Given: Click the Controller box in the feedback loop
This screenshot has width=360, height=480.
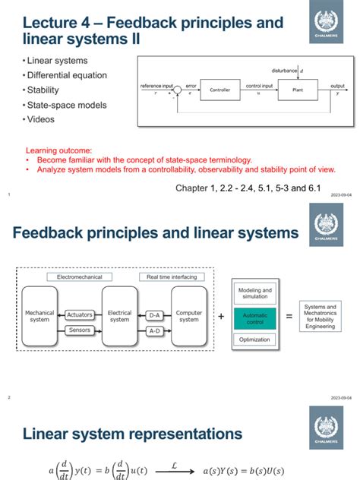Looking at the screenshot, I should click(219, 90).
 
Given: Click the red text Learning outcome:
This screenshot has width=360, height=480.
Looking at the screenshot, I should click(58, 150).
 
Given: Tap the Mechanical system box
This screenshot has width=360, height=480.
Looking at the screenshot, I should click(40, 315).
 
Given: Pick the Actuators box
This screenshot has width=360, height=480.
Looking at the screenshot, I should click(80, 314).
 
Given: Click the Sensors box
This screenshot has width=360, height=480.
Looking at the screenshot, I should click(80, 330).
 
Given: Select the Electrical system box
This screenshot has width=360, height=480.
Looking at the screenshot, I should click(119, 315).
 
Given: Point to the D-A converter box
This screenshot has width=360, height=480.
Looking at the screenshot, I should click(154, 314).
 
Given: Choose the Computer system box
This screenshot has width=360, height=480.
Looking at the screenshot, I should click(189, 315).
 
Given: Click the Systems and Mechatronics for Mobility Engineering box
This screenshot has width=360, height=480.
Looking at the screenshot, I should click(320, 315).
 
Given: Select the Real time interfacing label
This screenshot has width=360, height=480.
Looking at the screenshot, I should click(171, 278).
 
